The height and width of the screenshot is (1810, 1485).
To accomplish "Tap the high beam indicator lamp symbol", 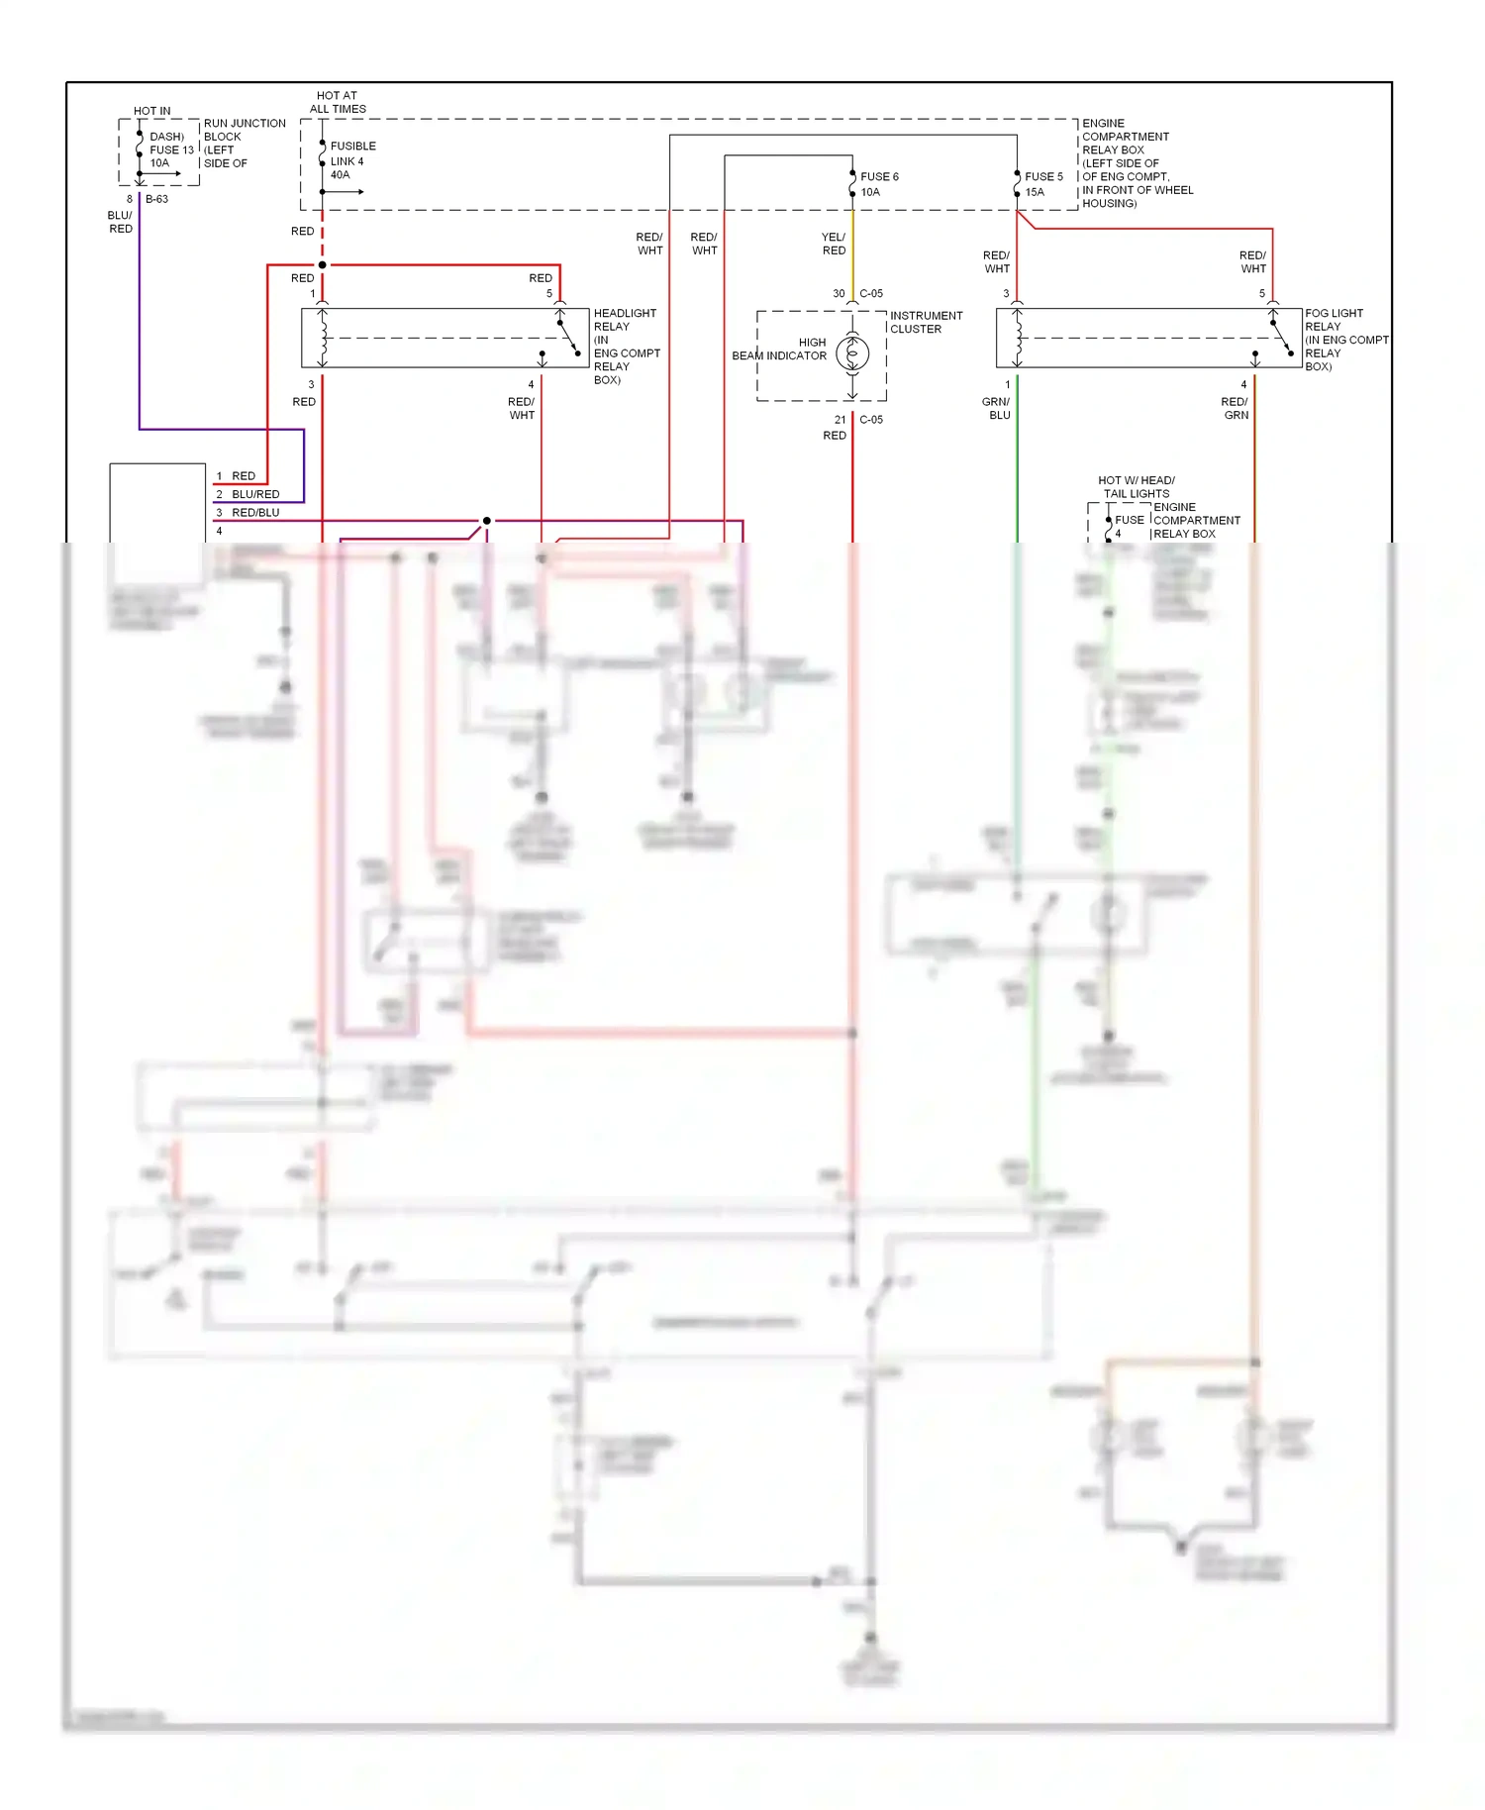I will (x=852, y=353).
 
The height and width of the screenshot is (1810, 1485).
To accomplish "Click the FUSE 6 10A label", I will (x=879, y=184).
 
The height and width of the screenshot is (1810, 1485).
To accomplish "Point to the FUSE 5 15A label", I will (x=1043, y=184).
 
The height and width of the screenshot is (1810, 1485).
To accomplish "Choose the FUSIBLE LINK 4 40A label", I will (x=351, y=160).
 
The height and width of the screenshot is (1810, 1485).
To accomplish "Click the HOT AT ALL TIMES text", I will (x=338, y=102).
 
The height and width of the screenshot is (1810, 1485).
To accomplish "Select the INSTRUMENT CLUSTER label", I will (x=926, y=322).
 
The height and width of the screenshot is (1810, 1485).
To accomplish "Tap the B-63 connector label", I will (x=157, y=199).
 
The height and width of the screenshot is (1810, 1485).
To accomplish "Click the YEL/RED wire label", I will (x=834, y=244).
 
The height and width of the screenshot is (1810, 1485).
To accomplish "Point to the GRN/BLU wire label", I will (x=996, y=408).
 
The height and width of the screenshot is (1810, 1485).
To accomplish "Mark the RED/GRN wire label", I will (x=1235, y=408).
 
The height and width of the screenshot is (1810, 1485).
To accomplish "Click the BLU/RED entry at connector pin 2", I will (x=255, y=494).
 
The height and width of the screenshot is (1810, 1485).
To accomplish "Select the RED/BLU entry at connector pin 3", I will (x=255, y=513).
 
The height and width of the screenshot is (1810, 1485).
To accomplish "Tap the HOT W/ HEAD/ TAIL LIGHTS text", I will (x=1137, y=486).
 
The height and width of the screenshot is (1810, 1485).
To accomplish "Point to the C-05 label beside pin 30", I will (x=871, y=294).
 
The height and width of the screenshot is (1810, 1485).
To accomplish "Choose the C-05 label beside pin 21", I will (x=871, y=420).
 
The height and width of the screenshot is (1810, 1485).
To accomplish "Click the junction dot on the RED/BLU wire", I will (x=486, y=521).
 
